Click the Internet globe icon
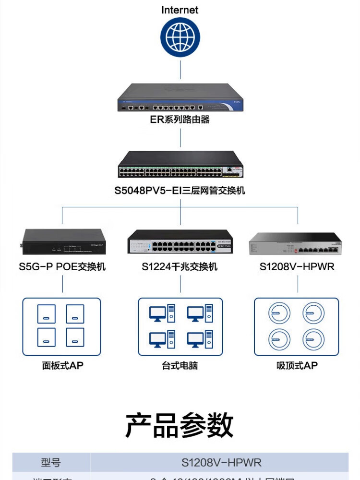[180, 37]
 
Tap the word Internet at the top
[180, 10]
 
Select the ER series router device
[180, 98]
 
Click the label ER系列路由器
[180, 120]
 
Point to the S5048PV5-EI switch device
[180, 164]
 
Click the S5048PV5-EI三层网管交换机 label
[180, 191]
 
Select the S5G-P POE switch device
[63, 242]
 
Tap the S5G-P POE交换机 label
[62, 266]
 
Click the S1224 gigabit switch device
[180, 242]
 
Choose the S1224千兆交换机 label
[180, 266]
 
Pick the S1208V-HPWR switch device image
[295, 243]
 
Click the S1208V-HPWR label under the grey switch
[297, 266]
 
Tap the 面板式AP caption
[62, 366]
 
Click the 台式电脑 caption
[180, 366]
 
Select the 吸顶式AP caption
[297, 366]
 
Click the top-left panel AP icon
[47, 314]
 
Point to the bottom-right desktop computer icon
[200, 339]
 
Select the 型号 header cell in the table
[51, 463]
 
